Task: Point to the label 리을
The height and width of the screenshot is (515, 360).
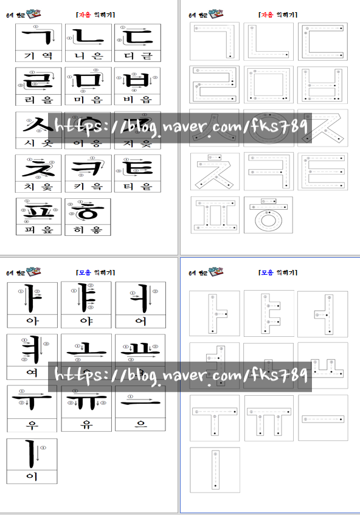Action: pos(38,99)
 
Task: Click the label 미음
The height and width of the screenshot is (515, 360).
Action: pos(88,99)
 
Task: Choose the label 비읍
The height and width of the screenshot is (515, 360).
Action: pos(137,99)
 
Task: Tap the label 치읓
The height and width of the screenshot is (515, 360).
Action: pos(38,186)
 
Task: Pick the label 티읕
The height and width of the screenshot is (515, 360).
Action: pos(137,186)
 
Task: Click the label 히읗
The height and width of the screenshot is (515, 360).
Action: pos(88,230)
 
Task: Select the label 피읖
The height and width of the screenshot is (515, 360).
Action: pos(38,230)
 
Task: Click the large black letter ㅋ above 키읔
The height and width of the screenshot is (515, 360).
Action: pos(88,164)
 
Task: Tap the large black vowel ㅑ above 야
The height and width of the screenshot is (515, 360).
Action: pos(85,298)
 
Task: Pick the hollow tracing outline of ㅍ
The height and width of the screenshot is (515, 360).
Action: pos(214,215)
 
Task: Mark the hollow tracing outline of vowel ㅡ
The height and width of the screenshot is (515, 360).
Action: pos(322,418)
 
